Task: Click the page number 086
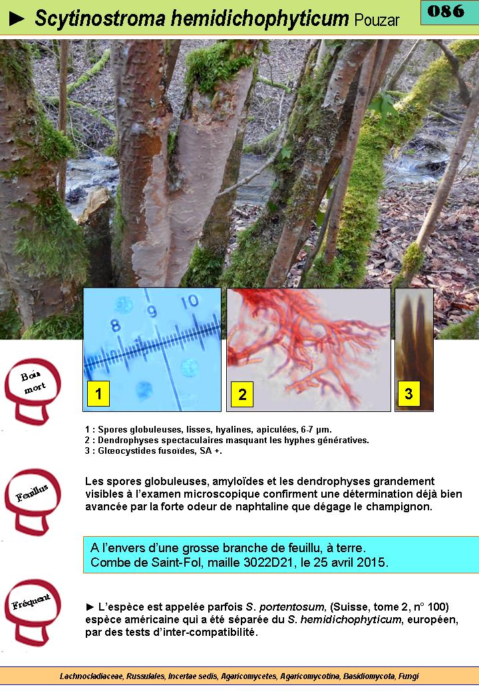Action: point(446,11)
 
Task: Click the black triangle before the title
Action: point(17,19)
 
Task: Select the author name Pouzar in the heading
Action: point(377,20)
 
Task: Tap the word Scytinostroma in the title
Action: point(100,19)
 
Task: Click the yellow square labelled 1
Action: point(98,393)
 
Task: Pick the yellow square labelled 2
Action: point(242,394)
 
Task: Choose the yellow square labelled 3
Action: point(409,393)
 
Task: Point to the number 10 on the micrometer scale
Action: point(190,302)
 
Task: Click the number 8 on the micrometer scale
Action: point(115,325)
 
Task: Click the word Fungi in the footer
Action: point(408,676)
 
